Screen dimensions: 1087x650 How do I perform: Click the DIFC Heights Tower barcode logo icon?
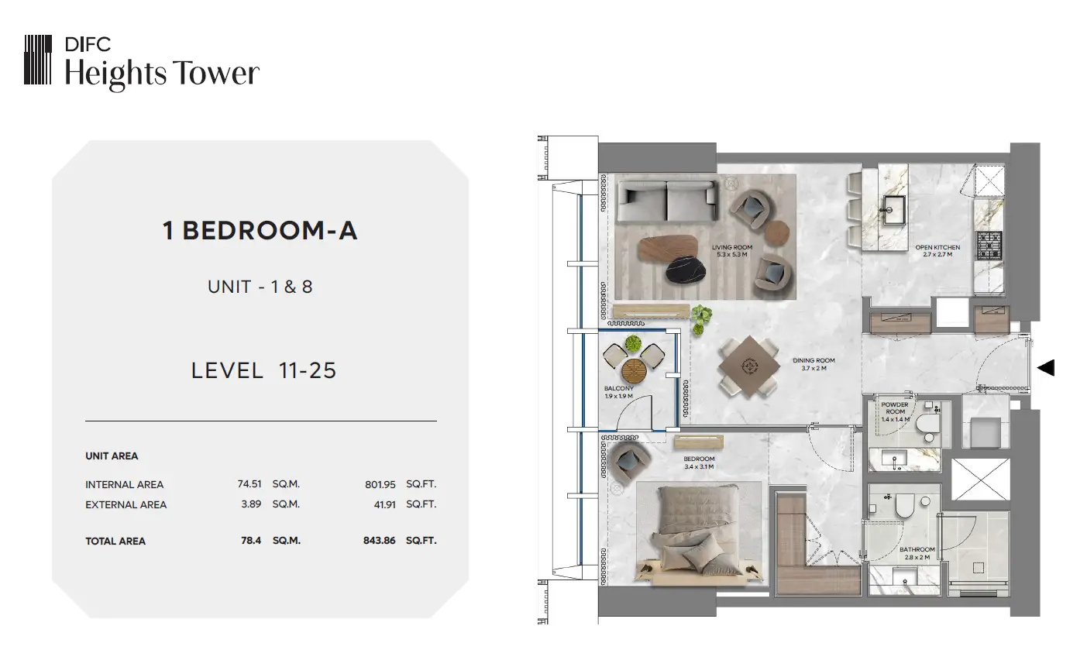[x=38, y=60]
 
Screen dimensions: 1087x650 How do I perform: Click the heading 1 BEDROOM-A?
[x=260, y=231]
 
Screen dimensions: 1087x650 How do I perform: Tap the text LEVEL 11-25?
[x=263, y=370]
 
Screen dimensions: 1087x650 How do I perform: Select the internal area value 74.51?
[x=249, y=484]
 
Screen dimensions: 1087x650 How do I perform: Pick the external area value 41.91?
[x=385, y=505]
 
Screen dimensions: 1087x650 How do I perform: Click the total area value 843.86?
[x=380, y=540]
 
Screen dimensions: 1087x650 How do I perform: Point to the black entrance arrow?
[x=1046, y=368]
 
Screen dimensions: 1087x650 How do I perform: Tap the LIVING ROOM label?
[x=732, y=251]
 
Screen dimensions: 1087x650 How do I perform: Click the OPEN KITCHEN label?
[x=937, y=251]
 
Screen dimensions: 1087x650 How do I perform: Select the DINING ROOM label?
[x=814, y=364]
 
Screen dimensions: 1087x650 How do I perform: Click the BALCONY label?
[x=619, y=392]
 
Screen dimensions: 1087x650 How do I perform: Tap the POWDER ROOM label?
[x=895, y=411]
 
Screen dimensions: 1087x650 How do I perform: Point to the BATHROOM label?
[x=917, y=553]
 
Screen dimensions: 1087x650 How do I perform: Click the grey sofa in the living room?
[x=668, y=201]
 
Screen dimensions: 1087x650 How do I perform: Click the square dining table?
[x=750, y=366]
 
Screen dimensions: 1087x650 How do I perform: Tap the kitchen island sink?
[x=893, y=209]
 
